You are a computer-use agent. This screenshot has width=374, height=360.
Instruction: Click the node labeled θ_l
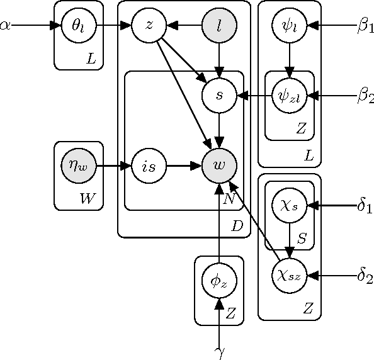pos(79,26)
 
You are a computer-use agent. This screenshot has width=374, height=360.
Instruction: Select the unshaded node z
pos(149,26)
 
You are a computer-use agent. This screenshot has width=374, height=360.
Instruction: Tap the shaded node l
pos(219,26)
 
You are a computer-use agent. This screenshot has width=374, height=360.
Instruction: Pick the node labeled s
pos(219,96)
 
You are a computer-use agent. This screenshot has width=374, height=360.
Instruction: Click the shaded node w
pos(219,166)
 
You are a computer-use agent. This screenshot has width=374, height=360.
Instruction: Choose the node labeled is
pos(149,166)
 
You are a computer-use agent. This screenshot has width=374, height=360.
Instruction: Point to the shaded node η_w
pos(79,166)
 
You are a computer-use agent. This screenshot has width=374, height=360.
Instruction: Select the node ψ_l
pos(289,26)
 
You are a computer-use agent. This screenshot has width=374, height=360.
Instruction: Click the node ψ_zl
pos(289,96)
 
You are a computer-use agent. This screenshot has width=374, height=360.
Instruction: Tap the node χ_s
pos(289,205)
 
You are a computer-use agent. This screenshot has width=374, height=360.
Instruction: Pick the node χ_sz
pos(289,275)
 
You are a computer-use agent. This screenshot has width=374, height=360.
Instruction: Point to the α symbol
pos(6,26)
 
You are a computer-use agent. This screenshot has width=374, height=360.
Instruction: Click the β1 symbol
pos(366,26)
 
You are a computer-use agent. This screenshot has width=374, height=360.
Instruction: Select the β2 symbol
pos(366,96)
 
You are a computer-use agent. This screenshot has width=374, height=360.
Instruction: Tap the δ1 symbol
pos(365,205)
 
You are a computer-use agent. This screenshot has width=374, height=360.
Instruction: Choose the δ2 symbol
pos(365,275)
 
